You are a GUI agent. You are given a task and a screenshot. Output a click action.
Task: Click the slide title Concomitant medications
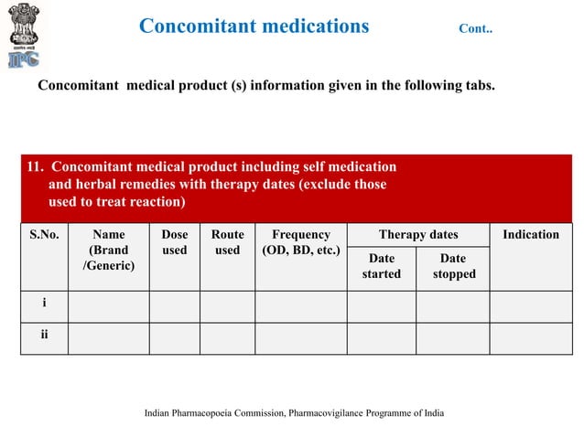coord(254,26)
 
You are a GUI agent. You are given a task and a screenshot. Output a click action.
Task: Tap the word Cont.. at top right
coord(475,28)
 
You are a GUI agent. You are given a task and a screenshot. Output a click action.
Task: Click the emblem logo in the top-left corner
coord(25,36)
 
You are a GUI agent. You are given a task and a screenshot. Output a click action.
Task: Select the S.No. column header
coord(44,235)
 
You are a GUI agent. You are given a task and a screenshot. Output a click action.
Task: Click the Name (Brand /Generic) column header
coord(109,250)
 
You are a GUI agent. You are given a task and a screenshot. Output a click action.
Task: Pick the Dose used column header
coord(174,242)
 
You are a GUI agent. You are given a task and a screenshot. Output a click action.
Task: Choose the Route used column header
coord(227,242)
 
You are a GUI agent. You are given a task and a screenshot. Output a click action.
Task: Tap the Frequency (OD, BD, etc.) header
coord(301,242)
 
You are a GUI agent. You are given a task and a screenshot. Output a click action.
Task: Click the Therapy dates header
coord(418,235)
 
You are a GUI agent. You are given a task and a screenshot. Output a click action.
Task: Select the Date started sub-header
coord(381,266)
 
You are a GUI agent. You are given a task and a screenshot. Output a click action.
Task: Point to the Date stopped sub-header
coord(453,266)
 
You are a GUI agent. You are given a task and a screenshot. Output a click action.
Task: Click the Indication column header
coord(531,235)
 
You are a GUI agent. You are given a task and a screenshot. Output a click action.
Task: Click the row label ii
coord(44,336)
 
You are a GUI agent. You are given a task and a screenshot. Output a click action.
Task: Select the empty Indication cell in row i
coord(531,305)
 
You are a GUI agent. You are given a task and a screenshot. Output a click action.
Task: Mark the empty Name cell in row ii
coord(109,337)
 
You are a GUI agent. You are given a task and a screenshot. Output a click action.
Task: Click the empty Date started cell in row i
coord(381,305)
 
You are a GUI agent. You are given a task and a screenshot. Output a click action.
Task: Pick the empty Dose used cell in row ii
coord(174,337)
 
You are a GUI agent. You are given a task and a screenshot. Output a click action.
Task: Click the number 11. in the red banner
coord(36,166)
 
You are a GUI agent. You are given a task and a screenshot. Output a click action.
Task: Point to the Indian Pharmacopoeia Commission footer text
coord(294,413)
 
